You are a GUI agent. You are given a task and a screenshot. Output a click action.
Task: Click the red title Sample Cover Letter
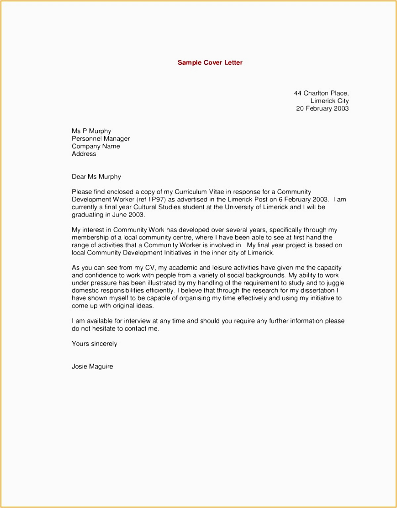210,63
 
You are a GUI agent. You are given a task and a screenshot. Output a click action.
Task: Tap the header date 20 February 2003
322,108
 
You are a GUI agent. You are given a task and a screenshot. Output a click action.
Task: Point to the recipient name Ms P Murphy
91,131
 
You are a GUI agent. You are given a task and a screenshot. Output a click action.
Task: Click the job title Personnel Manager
101,138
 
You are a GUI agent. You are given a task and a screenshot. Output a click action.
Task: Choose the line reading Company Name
95,146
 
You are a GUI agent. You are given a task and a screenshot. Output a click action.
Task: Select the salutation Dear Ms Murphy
96,176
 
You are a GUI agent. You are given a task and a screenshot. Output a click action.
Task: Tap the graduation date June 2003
128,215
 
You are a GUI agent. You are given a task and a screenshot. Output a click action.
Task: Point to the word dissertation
312,291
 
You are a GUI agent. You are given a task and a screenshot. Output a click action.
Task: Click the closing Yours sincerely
94,344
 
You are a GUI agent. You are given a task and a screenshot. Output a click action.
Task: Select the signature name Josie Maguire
92,366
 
